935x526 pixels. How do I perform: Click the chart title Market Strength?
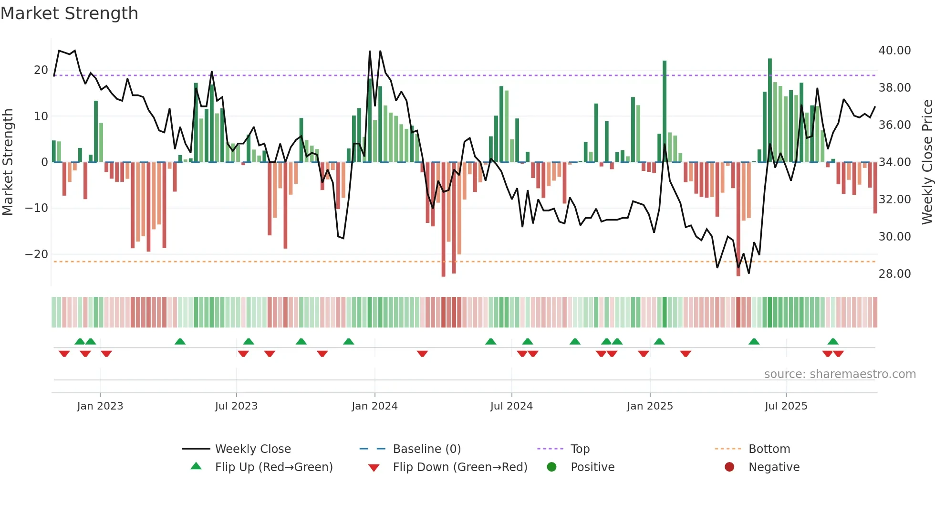point(69,13)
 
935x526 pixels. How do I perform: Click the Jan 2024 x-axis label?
point(374,406)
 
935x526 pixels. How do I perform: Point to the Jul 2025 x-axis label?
point(786,406)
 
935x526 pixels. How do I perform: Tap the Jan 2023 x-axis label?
point(100,406)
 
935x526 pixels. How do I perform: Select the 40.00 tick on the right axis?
point(894,51)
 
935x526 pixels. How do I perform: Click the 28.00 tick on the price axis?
point(894,274)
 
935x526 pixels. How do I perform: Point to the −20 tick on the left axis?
point(37,254)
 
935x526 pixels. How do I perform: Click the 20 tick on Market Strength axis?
point(41,70)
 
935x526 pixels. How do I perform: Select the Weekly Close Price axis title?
point(927,162)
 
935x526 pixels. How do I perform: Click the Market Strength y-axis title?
point(8,162)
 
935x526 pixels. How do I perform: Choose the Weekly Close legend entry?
point(252,449)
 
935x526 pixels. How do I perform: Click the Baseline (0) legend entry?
point(426,449)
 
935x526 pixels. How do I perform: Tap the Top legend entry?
point(580,449)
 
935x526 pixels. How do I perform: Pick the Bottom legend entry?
point(769,449)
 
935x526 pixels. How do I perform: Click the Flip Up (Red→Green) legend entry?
point(273,467)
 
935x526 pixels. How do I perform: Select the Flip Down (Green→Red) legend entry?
point(460,467)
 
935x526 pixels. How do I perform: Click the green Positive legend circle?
point(552,467)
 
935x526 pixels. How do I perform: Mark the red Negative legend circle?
point(729,467)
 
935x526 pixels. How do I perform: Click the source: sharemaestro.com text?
point(840,374)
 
